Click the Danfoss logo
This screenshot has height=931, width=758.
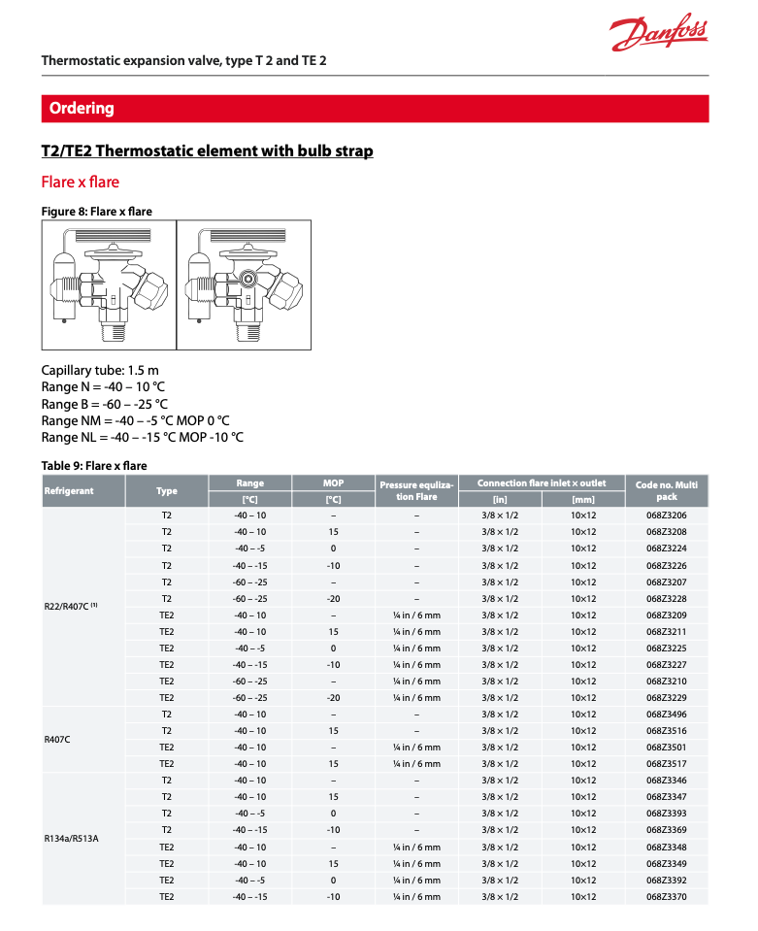point(658,35)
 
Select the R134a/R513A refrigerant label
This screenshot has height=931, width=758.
point(72,838)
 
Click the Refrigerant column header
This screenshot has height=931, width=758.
point(69,490)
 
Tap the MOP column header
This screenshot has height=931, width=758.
point(333,482)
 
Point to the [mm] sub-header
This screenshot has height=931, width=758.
point(582,499)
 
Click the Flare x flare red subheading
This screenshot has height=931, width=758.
point(80,182)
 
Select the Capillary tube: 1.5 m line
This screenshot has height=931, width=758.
point(100,370)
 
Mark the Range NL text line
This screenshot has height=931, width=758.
point(142,437)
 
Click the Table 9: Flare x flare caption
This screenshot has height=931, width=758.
point(94,465)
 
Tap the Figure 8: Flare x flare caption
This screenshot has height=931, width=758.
point(96,211)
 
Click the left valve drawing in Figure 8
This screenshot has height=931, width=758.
point(109,284)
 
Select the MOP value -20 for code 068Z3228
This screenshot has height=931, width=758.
point(333,599)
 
